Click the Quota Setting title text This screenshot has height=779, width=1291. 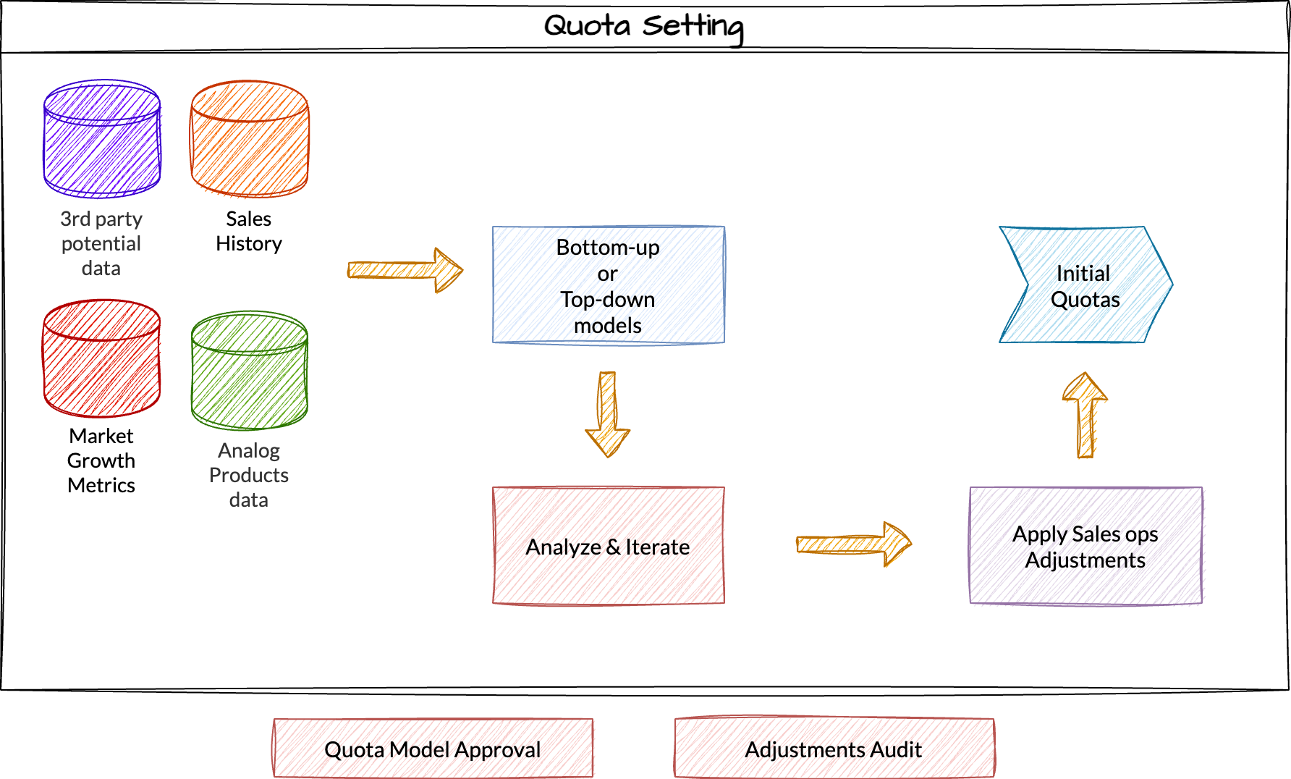pos(643,26)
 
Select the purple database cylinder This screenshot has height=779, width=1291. pos(102,139)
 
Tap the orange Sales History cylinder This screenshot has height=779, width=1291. pos(250,139)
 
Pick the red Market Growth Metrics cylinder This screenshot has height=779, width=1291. pos(102,359)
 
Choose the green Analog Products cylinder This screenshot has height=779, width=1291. pos(250,371)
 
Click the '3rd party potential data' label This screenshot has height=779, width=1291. pos(101,243)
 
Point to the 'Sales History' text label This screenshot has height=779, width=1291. pos(249,231)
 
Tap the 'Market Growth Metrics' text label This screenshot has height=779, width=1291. pos(101,460)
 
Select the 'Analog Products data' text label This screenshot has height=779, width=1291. pos(249,475)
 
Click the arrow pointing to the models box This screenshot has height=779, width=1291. pos(405,270)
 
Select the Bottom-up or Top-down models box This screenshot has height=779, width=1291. pos(608,285)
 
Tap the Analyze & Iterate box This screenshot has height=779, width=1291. pos(608,546)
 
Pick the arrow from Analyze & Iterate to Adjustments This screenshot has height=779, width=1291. pos(853,544)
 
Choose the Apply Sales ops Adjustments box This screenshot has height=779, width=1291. pos(1085,546)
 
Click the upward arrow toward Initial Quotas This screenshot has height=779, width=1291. pos(1085,415)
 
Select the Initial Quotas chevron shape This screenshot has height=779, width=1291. pos(1085,285)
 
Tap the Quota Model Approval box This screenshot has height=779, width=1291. pos(433,749)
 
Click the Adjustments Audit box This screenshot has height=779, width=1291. pos(834,749)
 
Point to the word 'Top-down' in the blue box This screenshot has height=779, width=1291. pos(608,300)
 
